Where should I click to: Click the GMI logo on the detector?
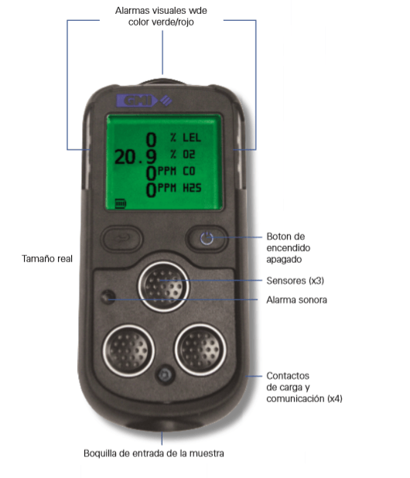(144, 101)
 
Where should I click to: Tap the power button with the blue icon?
(207, 238)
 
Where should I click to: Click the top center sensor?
(164, 286)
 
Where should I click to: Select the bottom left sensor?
(128, 350)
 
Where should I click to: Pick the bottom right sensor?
(200, 350)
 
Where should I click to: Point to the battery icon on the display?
(121, 203)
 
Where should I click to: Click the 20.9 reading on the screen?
(135, 157)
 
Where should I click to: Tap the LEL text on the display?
(192, 138)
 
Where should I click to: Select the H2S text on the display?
(192, 188)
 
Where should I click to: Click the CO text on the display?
(189, 171)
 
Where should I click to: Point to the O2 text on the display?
(189, 155)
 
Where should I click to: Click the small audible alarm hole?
(108, 296)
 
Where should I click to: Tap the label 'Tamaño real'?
(47, 259)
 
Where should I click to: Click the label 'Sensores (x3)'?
(295, 281)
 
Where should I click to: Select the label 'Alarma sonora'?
(296, 300)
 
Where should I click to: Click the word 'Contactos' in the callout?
(288, 376)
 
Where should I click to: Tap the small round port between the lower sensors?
(165, 374)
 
